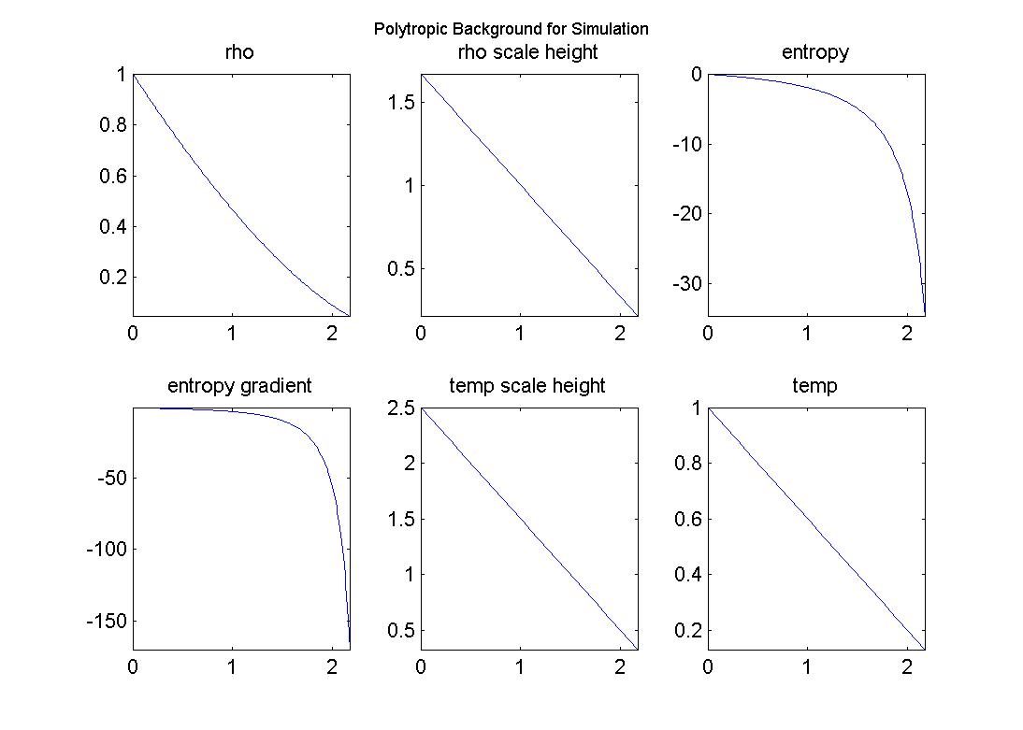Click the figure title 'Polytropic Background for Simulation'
pyautogui.click(x=511, y=29)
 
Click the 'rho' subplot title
pyautogui.click(x=239, y=52)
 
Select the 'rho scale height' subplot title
pyautogui.click(x=527, y=52)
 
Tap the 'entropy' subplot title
pyautogui.click(x=815, y=52)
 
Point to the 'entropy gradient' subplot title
pyautogui.click(x=239, y=385)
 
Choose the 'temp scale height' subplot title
pyautogui.click(x=527, y=385)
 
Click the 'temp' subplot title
pyautogui.click(x=815, y=385)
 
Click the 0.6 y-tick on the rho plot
pyautogui.click(x=112, y=176)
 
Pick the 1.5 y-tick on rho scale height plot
pyautogui.click(x=400, y=102)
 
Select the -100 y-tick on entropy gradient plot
pyautogui.click(x=105, y=550)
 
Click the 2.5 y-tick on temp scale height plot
pyautogui.click(x=400, y=408)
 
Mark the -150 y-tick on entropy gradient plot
pyautogui.click(x=105, y=622)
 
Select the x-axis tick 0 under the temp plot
pyautogui.click(x=708, y=666)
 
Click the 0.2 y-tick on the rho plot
pyautogui.click(x=112, y=278)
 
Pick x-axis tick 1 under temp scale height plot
pyautogui.click(x=520, y=666)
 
